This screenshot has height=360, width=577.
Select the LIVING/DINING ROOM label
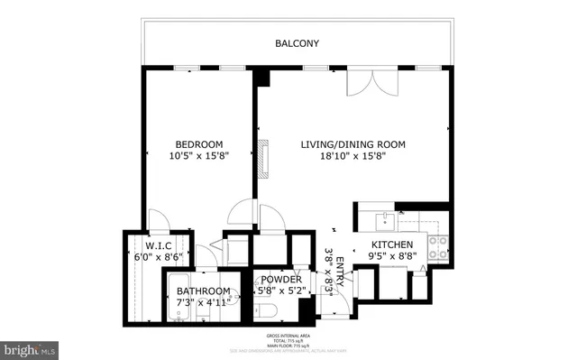[353, 144]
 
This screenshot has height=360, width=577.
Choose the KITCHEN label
[393, 245]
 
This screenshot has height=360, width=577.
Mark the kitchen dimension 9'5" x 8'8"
[393, 257]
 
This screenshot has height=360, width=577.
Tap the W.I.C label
[151, 245]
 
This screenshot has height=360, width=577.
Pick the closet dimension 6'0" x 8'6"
[151, 257]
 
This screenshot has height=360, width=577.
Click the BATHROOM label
[203, 291]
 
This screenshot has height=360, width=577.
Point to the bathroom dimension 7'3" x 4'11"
[203, 302]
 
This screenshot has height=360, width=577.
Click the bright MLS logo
[31, 346]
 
